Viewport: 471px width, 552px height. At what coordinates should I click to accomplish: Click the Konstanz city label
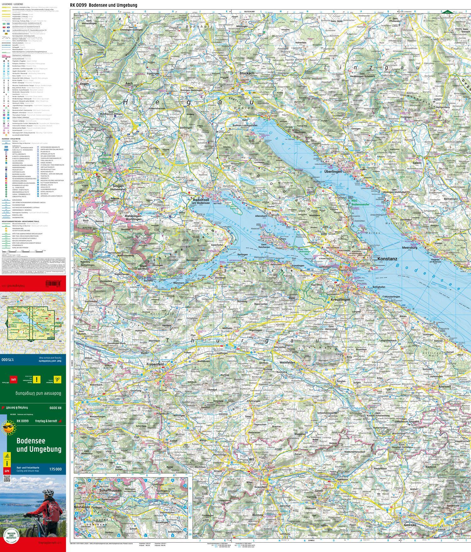pyautogui.click(x=388, y=259)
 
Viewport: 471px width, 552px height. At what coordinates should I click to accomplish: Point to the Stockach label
pyautogui.click(x=247, y=73)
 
